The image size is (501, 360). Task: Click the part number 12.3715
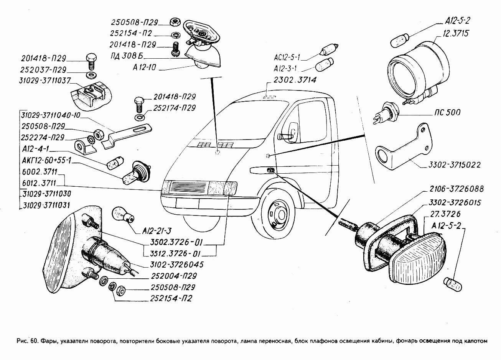point(455,33)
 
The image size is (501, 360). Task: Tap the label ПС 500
point(448,113)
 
